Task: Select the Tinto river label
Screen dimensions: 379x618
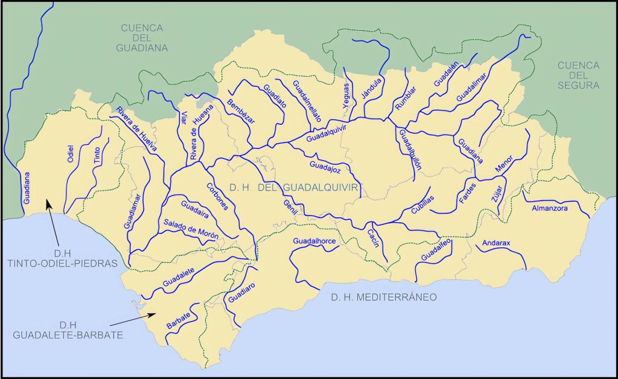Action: pyautogui.click(x=97, y=156)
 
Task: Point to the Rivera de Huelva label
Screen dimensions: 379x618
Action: pyautogui.click(x=137, y=130)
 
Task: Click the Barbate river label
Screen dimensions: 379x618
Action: pyautogui.click(x=179, y=322)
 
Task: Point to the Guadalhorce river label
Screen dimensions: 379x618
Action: pyautogui.click(x=313, y=241)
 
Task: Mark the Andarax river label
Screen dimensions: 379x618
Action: pyautogui.click(x=496, y=243)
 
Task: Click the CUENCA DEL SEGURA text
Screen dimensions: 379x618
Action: pyautogui.click(x=578, y=75)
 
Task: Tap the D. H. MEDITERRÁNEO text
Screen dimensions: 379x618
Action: pyautogui.click(x=383, y=297)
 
